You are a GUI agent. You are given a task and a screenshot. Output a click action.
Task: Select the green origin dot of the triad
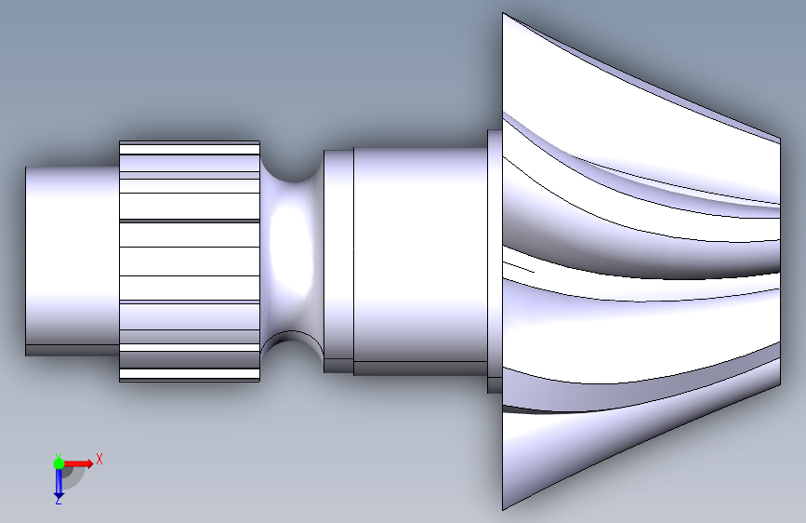(59, 463)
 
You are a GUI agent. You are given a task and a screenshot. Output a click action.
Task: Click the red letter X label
(99, 459)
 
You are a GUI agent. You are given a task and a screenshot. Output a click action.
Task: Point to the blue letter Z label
(59, 501)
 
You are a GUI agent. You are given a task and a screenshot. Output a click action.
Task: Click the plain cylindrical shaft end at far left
(73, 261)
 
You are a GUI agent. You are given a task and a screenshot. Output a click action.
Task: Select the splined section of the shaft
(190, 261)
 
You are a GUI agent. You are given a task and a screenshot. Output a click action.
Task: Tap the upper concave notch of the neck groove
(292, 168)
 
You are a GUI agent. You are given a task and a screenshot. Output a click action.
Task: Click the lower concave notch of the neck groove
(292, 346)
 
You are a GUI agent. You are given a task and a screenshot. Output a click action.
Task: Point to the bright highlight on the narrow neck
(291, 252)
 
